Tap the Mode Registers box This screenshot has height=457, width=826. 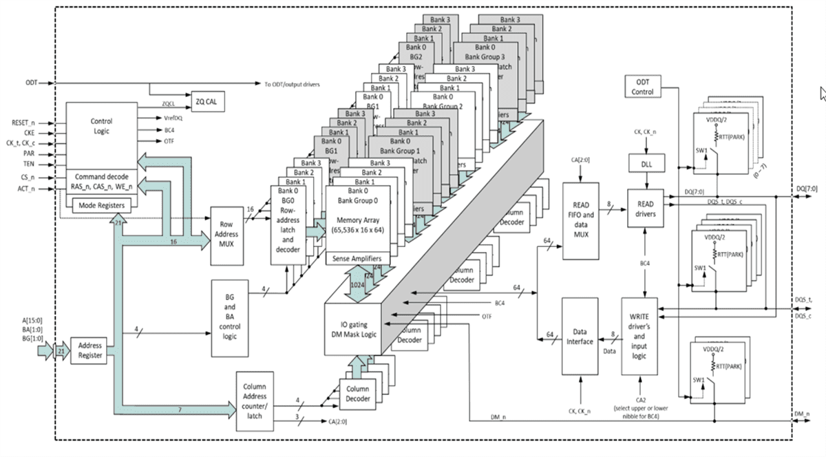tap(101, 204)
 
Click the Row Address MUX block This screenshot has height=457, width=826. tap(229, 235)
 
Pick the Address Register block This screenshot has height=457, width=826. tap(90, 350)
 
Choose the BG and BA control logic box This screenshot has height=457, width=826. tap(230, 317)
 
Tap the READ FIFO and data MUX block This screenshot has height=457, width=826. tap(580, 221)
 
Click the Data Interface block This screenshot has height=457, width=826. tap(580, 336)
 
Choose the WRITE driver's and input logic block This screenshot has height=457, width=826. tap(640, 336)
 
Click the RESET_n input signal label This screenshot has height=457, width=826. tap(23, 123)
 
